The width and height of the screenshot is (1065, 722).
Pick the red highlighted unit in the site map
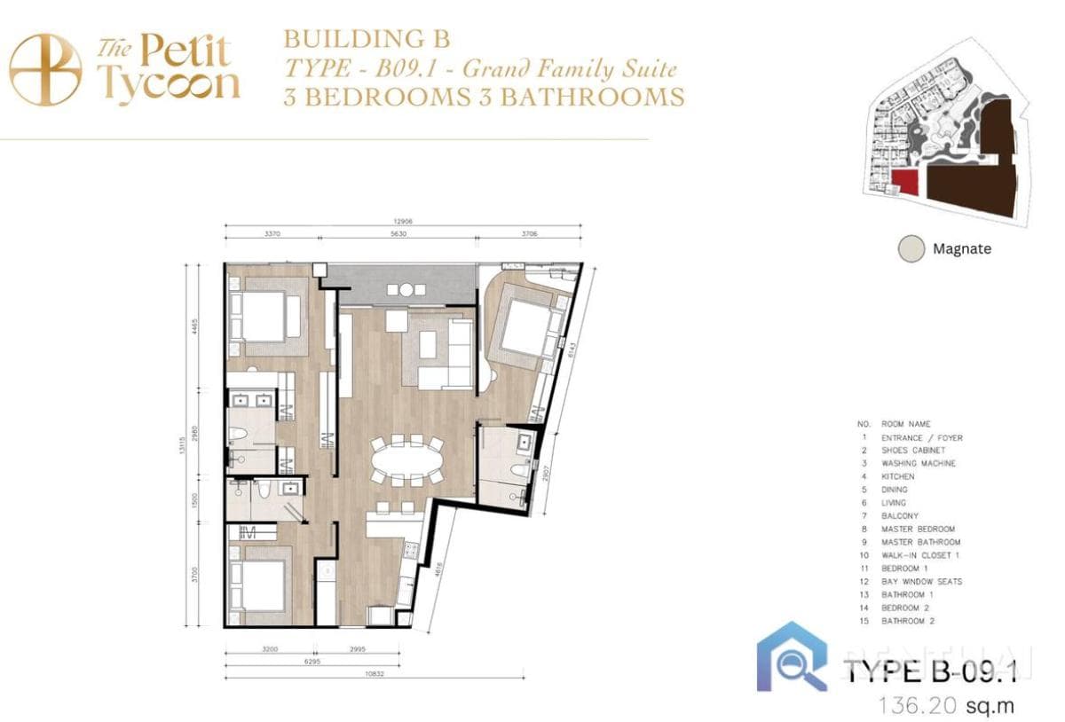[906, 183]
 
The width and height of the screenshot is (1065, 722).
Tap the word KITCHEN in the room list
[898, 476]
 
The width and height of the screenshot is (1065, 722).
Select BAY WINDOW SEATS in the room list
[921, 582]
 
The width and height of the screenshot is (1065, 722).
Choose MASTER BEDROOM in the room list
[918, 529]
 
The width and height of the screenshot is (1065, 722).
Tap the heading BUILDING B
[367, 39]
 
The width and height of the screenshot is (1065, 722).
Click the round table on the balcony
[406, 289]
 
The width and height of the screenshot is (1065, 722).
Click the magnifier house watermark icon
[792, 657]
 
